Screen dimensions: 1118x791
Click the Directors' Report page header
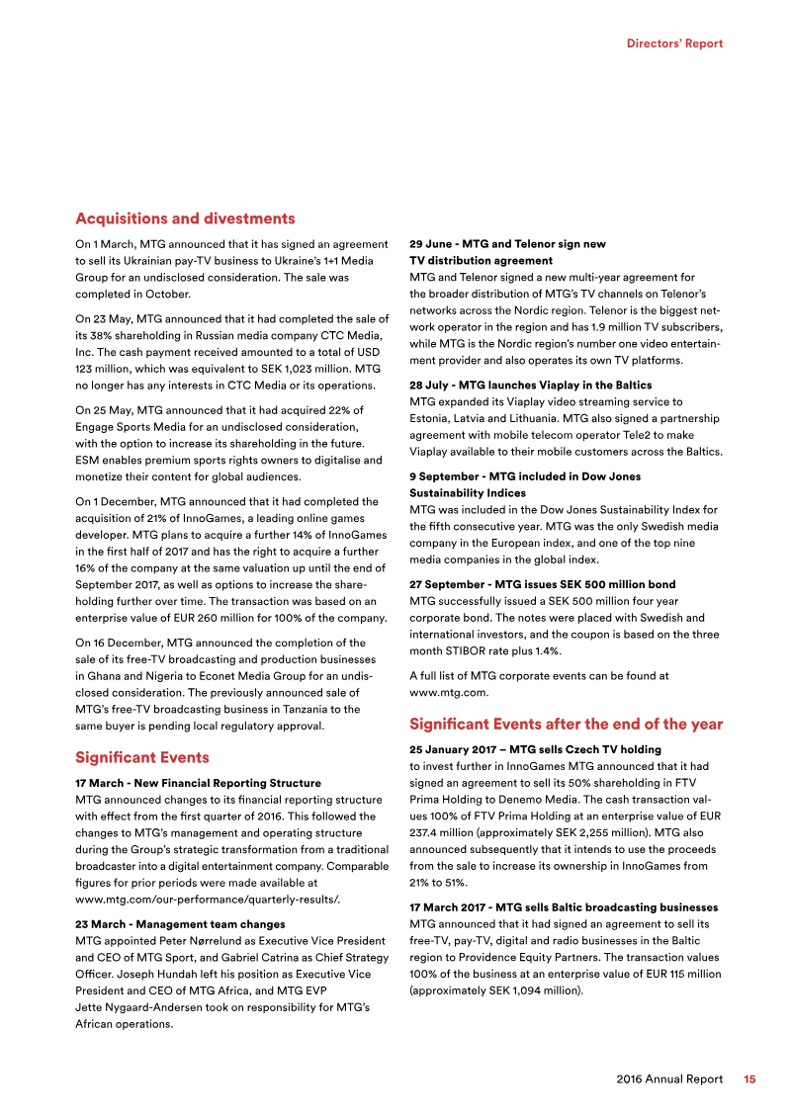[x=675, y=43]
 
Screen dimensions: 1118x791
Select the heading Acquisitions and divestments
[x=185, y=218]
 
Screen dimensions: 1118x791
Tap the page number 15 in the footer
[x=750, y=1079]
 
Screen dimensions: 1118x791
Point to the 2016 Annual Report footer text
[x=668, y=1079]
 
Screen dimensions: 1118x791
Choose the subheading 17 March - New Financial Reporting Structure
[x=198, y=783]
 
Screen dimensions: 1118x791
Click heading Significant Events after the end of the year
[x=566, y=725]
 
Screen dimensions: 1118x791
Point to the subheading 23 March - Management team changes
[x=180, y=924]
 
